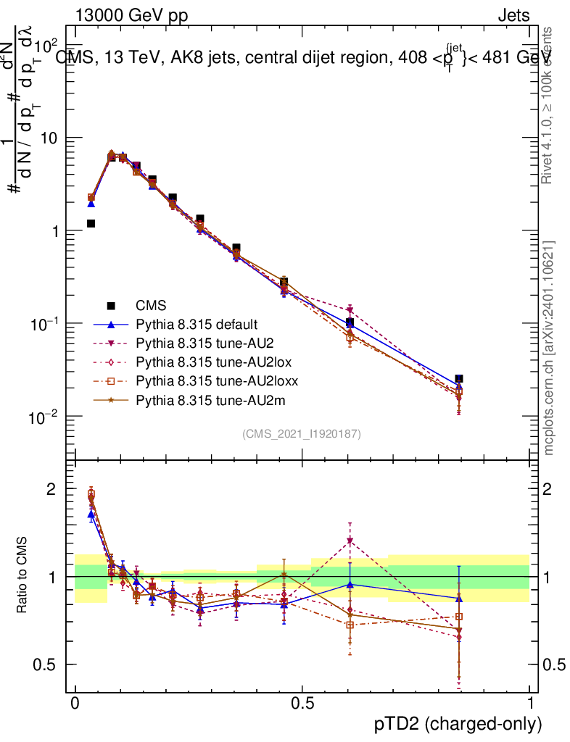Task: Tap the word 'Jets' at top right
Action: click(513, 16)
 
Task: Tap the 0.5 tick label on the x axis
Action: click(302, 704)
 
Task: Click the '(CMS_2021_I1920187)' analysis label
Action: click(302, 433)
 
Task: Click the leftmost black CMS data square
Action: click(91, 223)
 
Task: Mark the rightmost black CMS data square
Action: click(458, 378)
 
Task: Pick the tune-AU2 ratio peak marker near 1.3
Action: click(350, 541)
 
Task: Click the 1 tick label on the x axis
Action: click(529, 704)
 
